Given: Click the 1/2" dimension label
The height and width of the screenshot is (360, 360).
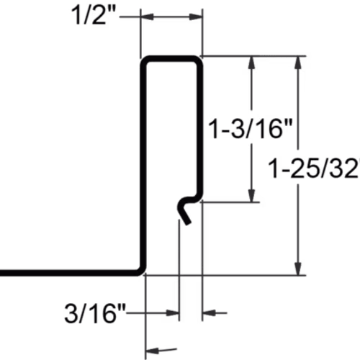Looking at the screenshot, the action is [92, 17].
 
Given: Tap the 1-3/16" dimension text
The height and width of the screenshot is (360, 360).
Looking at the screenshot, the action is [251, 129].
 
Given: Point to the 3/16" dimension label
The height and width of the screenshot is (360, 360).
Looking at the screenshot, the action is [95, 313].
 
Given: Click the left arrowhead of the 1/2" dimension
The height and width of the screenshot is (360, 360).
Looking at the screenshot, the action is [147, 17].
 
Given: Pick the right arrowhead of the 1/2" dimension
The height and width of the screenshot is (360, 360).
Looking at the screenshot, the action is [196, 17].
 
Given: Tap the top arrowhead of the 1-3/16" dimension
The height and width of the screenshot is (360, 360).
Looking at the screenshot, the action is [251, 62].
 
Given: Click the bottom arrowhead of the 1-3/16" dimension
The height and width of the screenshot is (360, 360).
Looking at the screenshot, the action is [251, 196].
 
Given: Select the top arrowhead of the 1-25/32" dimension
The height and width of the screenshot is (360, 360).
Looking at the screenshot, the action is [298, 63].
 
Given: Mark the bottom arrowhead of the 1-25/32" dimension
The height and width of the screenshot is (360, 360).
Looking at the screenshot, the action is [298, 269].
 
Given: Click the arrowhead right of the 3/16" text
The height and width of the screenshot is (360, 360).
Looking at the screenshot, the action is [173, 313].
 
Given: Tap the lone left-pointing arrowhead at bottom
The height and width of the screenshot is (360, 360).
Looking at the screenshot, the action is [152, 351].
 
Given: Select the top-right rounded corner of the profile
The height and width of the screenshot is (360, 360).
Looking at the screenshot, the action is [198, 60].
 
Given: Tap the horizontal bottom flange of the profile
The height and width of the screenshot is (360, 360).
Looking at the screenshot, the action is [70, 273].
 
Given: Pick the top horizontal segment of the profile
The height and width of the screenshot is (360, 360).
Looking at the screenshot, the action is [171, 58].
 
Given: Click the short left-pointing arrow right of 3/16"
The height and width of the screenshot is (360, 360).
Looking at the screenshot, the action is [215, 312].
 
